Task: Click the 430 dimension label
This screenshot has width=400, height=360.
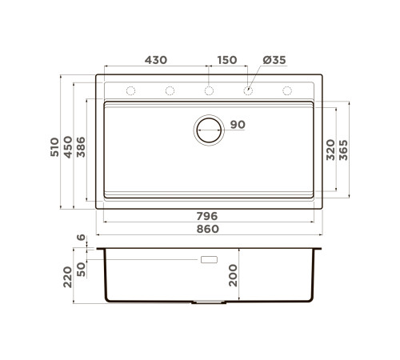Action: (156, 60)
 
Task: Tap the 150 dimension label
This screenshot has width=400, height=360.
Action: (227, 60)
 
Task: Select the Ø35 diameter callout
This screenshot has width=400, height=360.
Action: (274, 60)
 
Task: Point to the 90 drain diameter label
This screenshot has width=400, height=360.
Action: (238, 125)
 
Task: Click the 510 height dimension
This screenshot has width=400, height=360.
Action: (54, 147)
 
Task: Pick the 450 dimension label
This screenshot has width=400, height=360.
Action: (68, 147)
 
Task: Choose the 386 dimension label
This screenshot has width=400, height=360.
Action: (81, 147)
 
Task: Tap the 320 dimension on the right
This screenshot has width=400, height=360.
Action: (330, 150)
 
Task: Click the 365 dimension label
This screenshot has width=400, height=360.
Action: (343, 150)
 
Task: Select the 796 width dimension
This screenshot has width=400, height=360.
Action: (207, 216)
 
